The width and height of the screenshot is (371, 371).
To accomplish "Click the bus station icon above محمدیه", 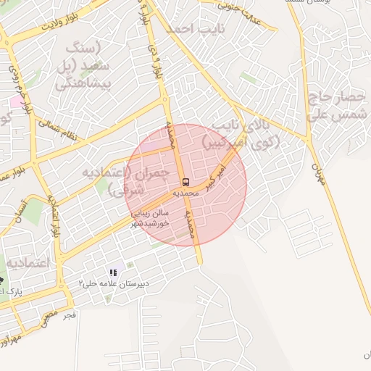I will [185, 181].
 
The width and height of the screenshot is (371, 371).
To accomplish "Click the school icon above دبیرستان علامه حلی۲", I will [113, 272].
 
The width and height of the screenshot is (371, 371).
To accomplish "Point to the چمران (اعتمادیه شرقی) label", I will [137, 181].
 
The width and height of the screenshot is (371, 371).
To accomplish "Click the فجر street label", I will [70, 316].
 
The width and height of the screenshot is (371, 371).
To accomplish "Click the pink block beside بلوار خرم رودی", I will [14, 101].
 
